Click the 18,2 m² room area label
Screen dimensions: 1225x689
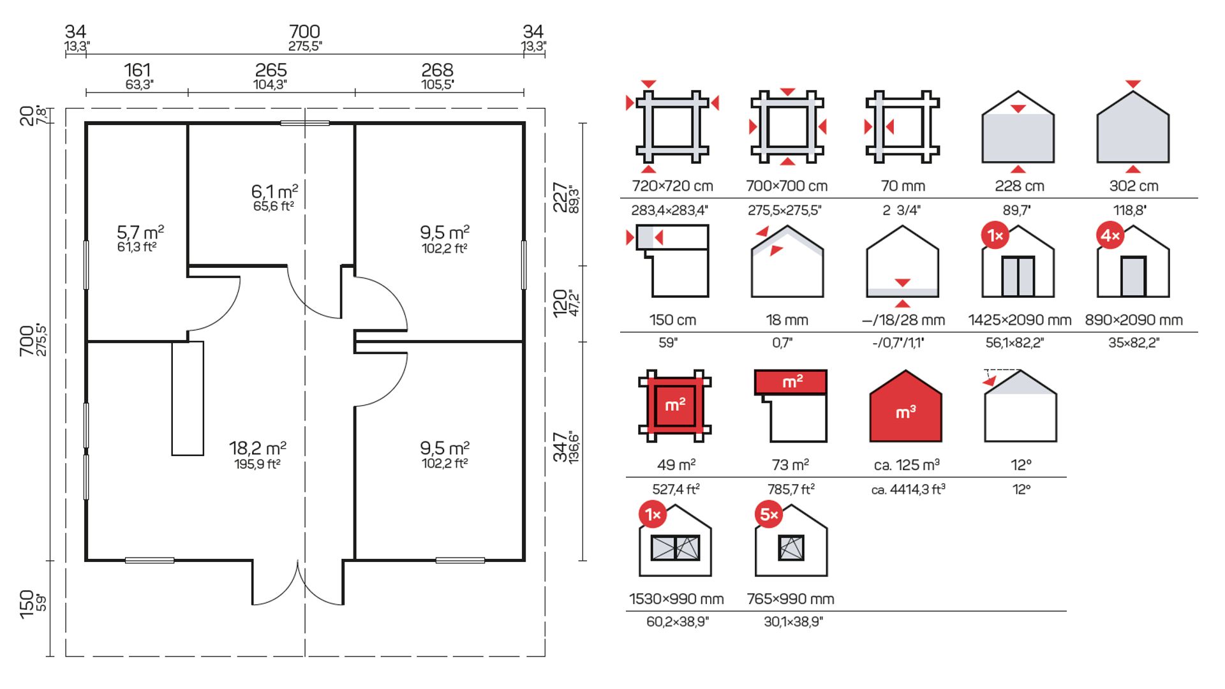(258, 448)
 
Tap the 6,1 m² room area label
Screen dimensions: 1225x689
(274, 191)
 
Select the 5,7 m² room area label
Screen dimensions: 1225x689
(140, 232)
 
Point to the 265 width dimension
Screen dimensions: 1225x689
(271, 70)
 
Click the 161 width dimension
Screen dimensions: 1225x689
(137, 70)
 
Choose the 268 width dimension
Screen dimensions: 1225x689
(437, 70)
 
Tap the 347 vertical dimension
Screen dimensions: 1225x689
(560, 447)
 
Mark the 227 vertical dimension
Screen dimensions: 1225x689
(560, 198)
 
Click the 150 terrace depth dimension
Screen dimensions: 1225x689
(27, 604)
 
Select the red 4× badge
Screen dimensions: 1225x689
(1110, 235)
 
